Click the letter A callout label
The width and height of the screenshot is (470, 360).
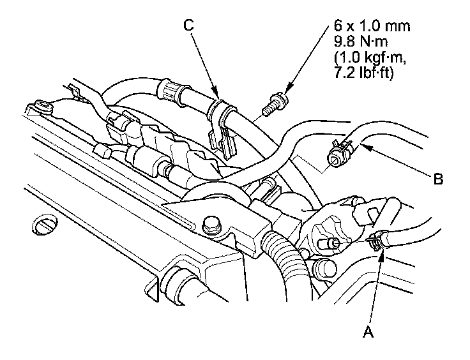tap(367, 332)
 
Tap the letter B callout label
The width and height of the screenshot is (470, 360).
tap(437, 180)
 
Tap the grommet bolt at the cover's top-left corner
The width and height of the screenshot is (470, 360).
tap(43, 105)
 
